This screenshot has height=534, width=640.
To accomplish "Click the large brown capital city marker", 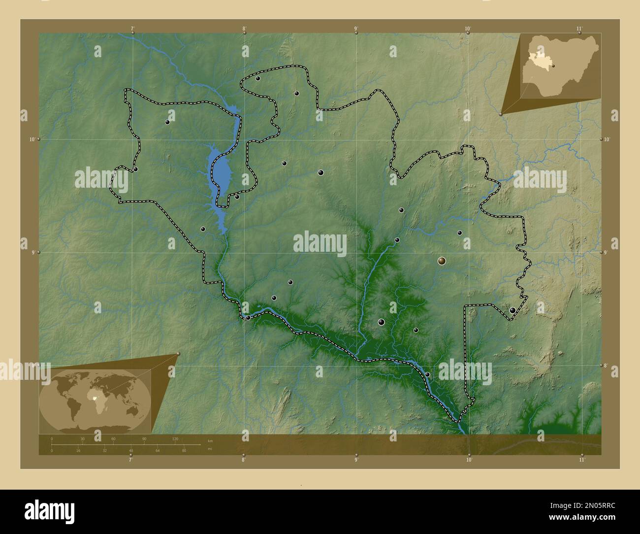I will tap(442, 261).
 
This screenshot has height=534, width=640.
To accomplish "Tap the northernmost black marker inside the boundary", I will tap(257, 78).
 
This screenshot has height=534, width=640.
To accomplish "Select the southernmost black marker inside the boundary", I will tap(427, 375).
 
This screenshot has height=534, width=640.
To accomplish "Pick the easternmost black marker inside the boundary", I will tap(512, 310).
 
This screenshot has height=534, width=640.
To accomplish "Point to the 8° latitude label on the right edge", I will tap(607, 366).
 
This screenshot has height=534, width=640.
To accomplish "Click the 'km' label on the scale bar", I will tap(210, 440).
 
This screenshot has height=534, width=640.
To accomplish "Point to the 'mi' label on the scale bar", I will tap(210, 449).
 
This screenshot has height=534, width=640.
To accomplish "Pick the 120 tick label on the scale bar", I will tap(175, 438).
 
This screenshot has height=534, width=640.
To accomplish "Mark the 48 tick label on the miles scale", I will tap(131, 450).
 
